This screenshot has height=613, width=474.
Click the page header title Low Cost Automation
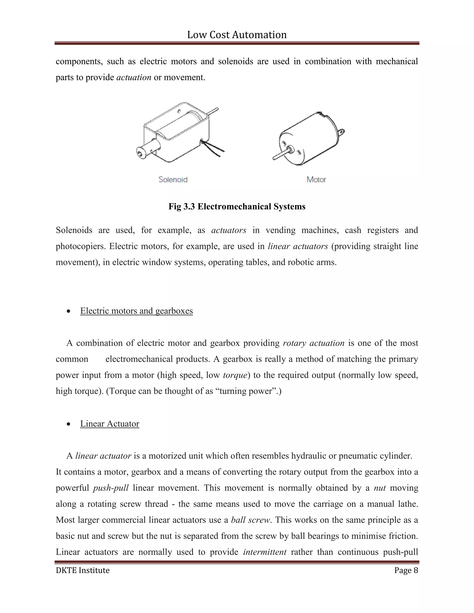point(237,35)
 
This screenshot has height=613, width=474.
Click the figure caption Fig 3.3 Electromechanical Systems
point(237,207)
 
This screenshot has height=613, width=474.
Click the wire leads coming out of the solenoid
point(215,149)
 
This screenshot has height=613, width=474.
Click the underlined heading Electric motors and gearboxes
point(137,311)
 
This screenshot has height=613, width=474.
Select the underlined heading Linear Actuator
point(109,424)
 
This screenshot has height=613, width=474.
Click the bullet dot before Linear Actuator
point(69,424)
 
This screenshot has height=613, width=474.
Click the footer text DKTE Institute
point(83,570)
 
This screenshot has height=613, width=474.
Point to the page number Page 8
point(406,570)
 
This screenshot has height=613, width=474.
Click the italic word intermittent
point(265,552)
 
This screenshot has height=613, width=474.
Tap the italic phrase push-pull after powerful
point(111,488)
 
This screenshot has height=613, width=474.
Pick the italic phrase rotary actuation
point(313,343)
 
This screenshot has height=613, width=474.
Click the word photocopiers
point(80,246)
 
